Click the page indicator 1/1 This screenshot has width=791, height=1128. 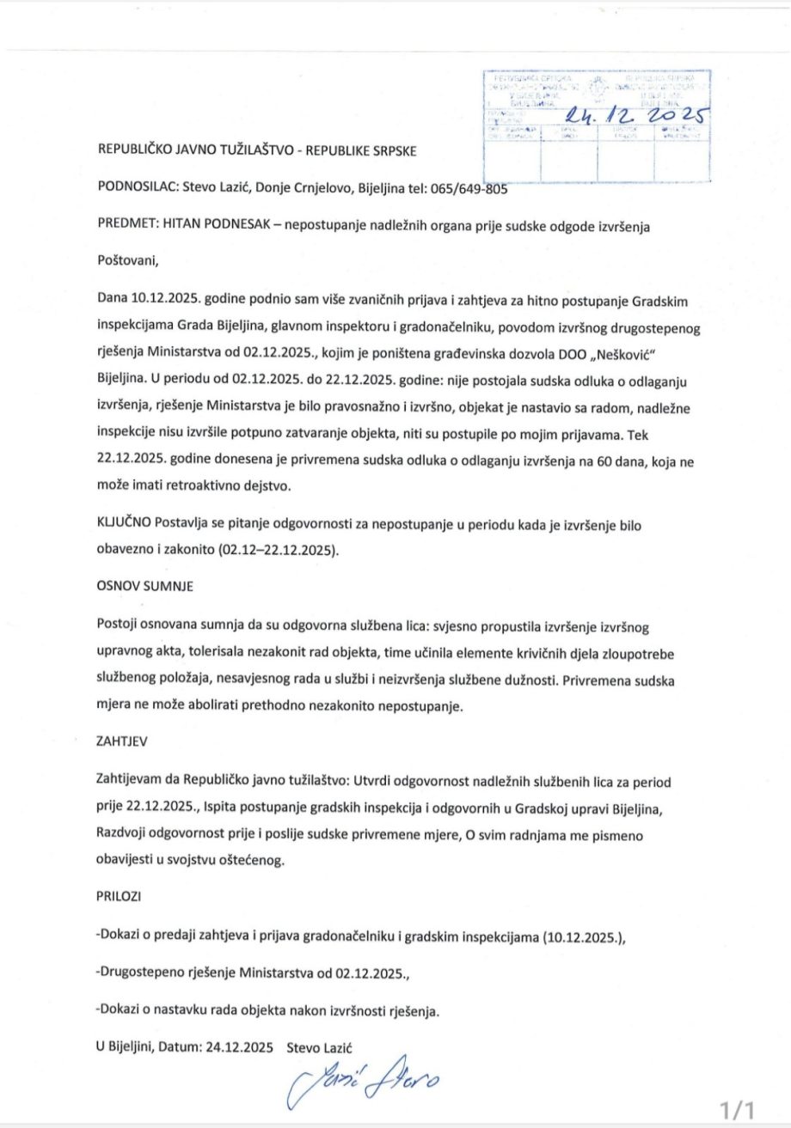point(739,1109)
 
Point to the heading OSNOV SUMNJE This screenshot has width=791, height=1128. point(144,587)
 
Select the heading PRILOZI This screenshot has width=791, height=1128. point(120,896)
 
